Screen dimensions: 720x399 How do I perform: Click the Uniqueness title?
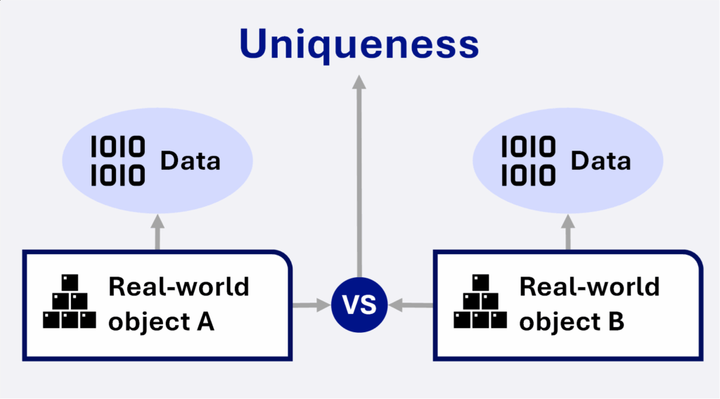coord(359,44)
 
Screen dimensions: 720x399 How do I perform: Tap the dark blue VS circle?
coord(359,305)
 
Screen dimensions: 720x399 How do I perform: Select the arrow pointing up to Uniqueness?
coord(359,177)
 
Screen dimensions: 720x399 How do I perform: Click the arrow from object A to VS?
coord(311,305)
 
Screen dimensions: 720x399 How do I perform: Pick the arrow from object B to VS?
coord(411,305)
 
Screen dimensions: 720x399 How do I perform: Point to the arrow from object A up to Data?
coord(157,232)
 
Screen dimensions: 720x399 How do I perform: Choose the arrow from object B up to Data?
coord(568,232)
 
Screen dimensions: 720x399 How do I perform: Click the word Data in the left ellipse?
coord(190,161)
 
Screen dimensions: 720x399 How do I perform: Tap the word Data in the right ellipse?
coord(600,161)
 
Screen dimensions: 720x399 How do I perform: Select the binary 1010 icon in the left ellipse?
coord(118,161)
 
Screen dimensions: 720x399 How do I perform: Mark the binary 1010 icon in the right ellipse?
coord(529,161)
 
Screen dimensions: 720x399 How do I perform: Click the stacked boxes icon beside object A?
coord(70,302)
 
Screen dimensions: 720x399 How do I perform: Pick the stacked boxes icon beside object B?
coord(480,302)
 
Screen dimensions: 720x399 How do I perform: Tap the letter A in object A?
coord(205,322)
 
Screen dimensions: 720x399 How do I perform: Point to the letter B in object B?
coord(616,322)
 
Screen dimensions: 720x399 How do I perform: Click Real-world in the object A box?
coord(179,287)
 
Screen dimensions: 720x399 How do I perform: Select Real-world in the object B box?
coord(590,287)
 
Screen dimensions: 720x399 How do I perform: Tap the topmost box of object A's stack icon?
coord(70,283)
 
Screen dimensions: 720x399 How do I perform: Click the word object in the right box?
coord(558,322)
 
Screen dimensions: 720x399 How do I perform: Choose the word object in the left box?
coord(149,322)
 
